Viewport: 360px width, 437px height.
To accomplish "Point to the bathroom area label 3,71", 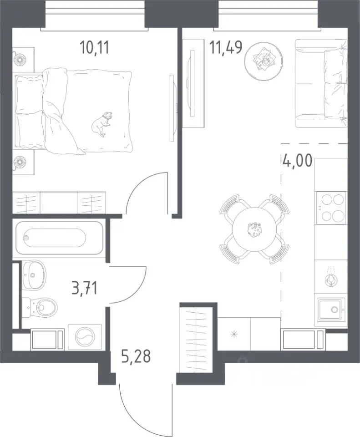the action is point(85,288).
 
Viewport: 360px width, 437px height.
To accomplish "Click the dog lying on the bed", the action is point(101,124).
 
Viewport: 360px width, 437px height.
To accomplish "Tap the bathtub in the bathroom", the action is point(59,238).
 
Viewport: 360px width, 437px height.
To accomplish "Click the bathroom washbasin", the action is point(34,275).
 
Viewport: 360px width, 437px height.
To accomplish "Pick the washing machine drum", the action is point(85,337).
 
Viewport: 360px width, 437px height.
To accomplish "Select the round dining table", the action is point(254,229).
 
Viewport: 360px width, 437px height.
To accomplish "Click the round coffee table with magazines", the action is point(264,61).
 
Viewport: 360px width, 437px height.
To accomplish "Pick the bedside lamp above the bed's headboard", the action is point(20,60).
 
